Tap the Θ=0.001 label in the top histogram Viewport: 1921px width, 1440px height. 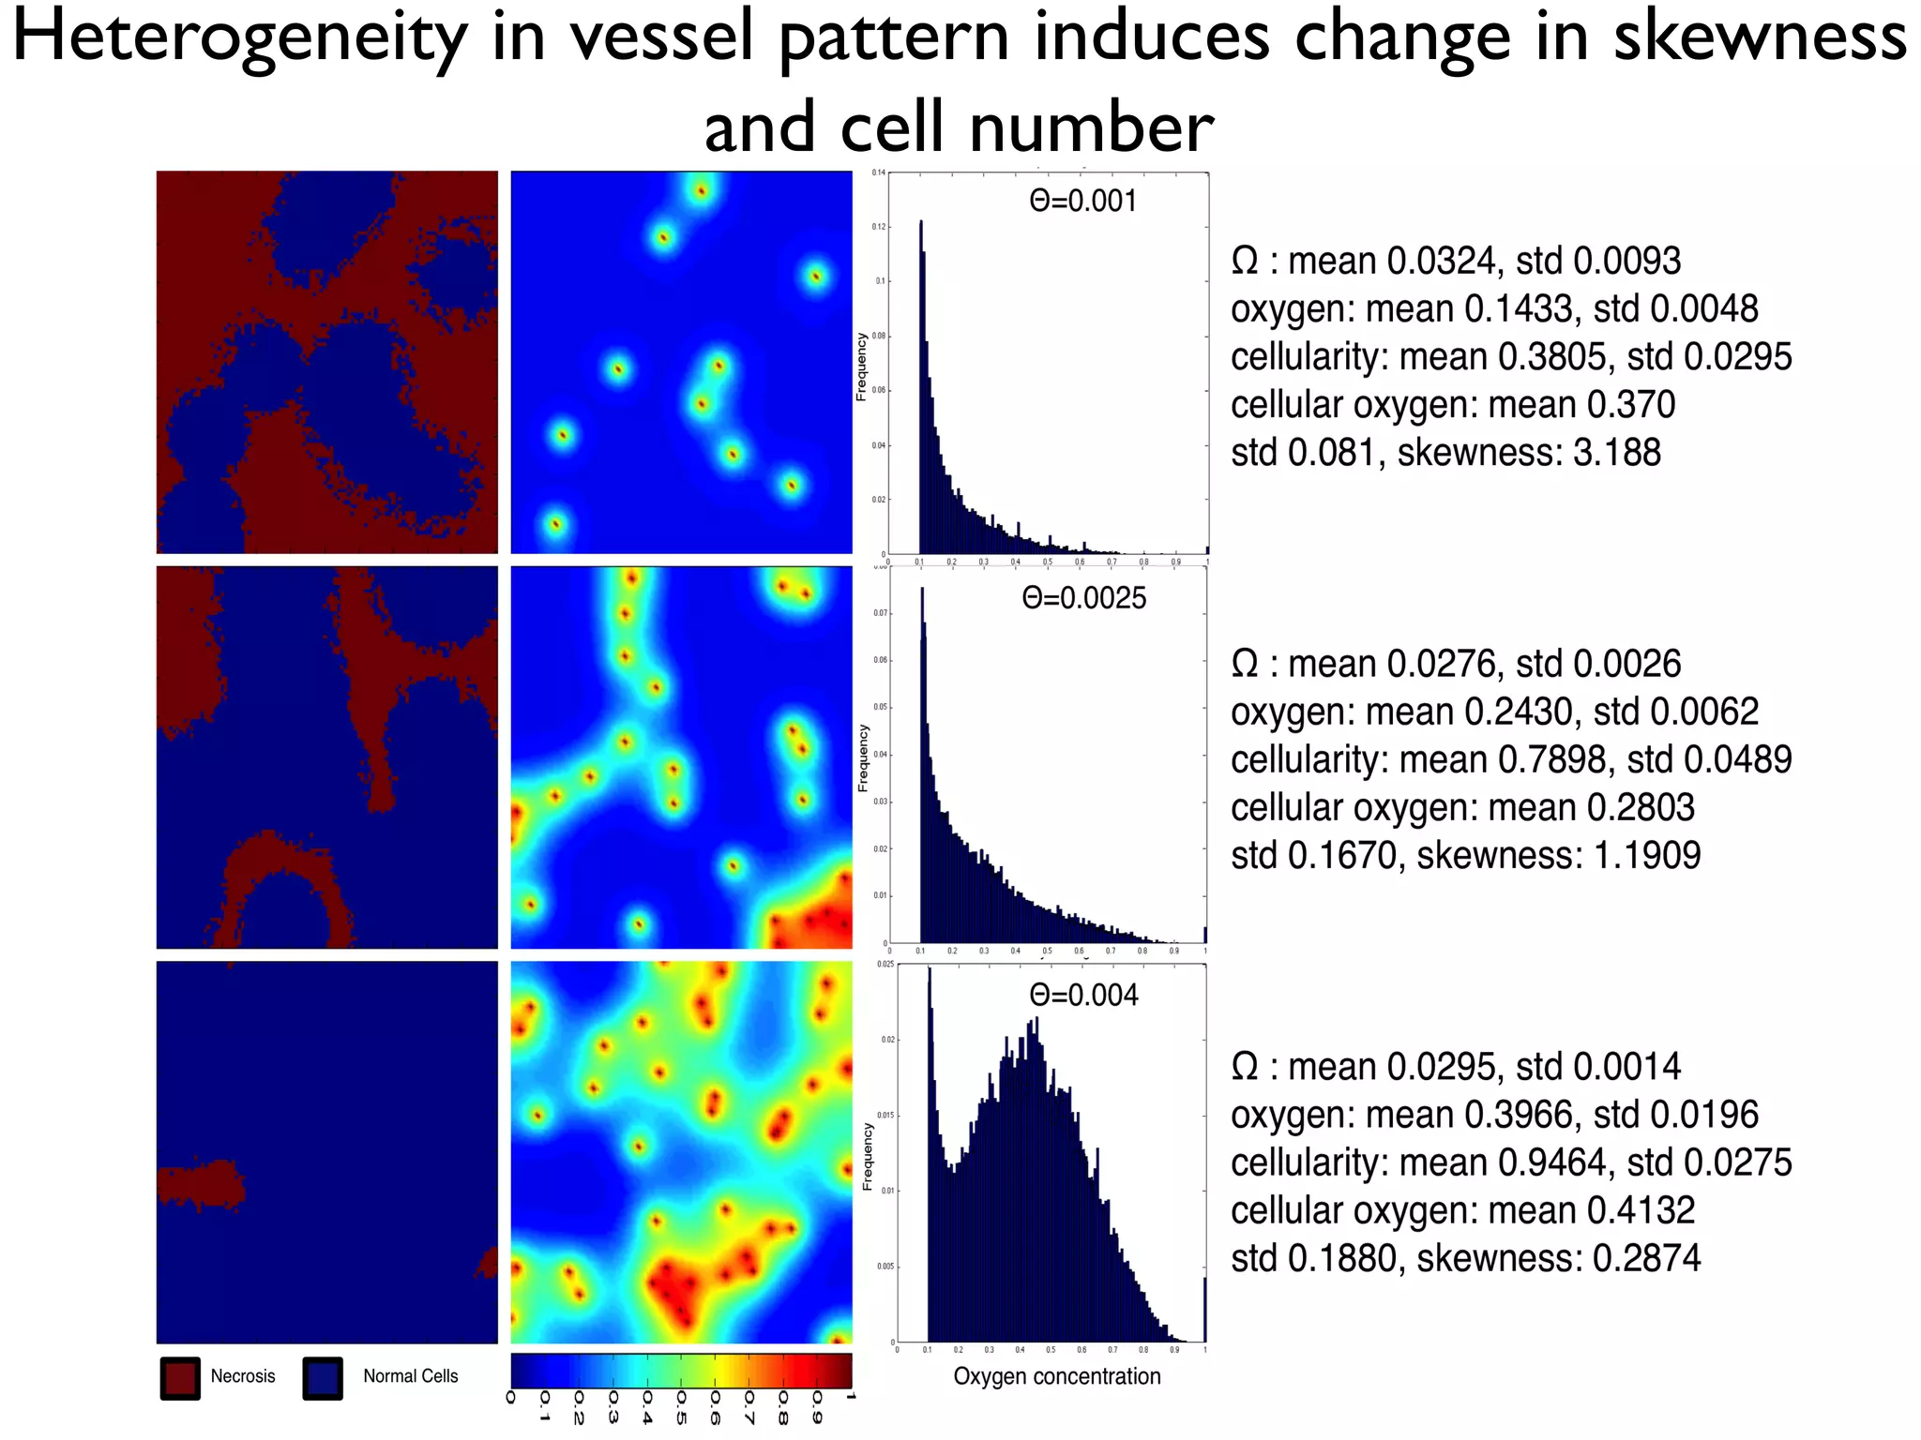[x=1082, y=201]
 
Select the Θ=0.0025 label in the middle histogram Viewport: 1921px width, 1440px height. [x=1083, y=598]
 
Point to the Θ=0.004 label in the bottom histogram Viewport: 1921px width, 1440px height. [x=1083, y=995]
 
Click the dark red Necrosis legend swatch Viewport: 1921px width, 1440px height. [x=180, y=1378]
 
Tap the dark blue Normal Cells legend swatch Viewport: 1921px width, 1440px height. [x=323, y=1378]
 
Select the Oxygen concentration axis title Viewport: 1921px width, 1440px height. [x=1057, y=1376]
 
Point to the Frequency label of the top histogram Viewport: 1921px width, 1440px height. [x=861, y=367]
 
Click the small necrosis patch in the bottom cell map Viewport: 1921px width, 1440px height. [x=200, y=1184]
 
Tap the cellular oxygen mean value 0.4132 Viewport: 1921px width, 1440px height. [x=1641, y=1210]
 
